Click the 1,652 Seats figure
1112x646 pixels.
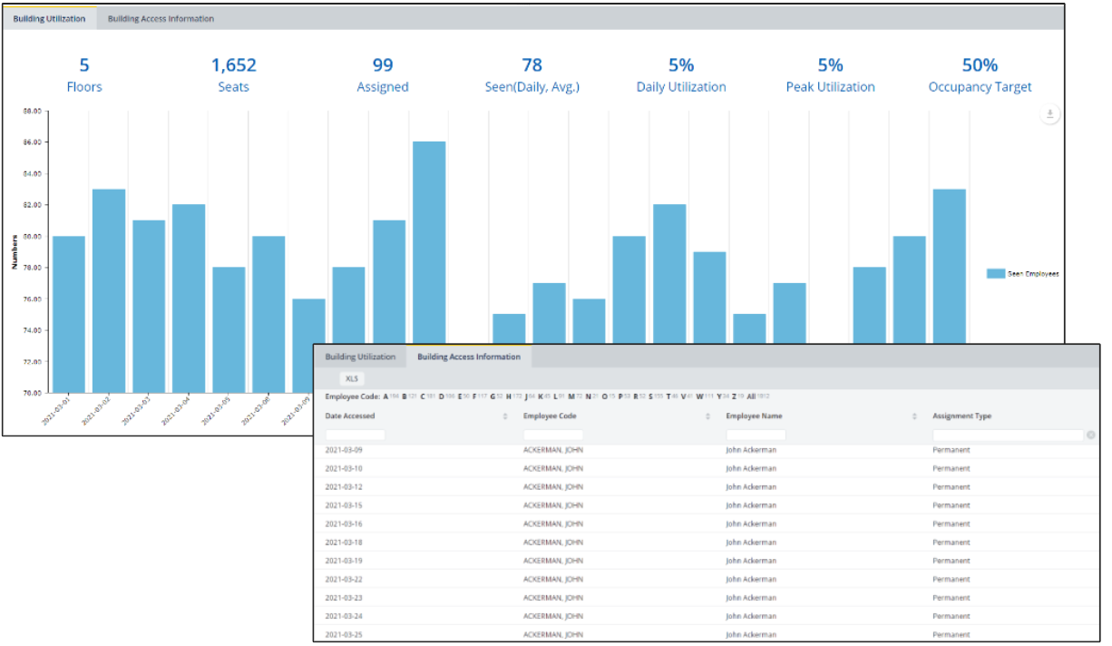click(234, 65)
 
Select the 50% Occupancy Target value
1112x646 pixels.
click(980, 65)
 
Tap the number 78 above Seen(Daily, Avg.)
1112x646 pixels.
click(532, 65)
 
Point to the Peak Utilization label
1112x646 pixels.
click(830, 87)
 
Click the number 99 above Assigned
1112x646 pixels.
click(383, 65)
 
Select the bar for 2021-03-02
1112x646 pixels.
click(109, 290)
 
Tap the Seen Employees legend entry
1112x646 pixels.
click(1022, 273)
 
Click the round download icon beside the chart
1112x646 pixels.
click(1049, 114)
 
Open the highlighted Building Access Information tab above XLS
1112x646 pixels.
click(468, 357)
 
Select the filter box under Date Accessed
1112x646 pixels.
click(356, 436)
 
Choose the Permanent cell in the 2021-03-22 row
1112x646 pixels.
click(951, 579)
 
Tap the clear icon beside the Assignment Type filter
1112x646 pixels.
click(1091, 436)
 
